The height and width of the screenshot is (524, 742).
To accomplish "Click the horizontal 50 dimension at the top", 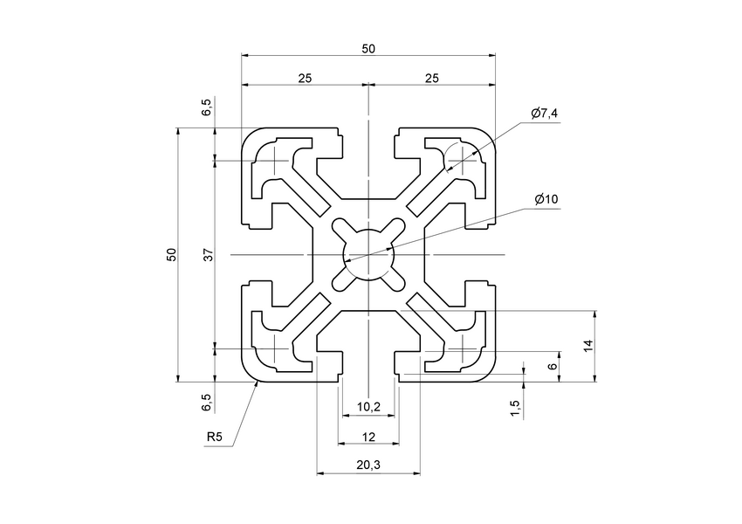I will click(x=368, y=49).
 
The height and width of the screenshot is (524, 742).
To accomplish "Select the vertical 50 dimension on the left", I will click(x=172, y=254).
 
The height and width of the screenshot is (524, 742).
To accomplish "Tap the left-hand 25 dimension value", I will click(x=305, y=79).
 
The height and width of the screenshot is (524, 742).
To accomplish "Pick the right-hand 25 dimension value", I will click(x=431, y=79).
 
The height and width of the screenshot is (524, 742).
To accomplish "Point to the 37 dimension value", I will click(x=208, y=254).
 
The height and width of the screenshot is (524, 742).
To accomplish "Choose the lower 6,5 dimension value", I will click(x=207, y=403).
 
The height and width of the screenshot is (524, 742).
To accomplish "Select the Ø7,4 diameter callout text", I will click(x=544, y=114).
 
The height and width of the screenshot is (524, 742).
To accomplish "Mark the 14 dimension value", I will click(x=589, y=345).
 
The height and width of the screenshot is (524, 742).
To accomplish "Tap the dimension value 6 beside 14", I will click(x=553, y=366).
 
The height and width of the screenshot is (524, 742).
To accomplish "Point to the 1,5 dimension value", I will click(x=515, y=407).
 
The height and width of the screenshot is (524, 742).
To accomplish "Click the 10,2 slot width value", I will click(x=368, y=407).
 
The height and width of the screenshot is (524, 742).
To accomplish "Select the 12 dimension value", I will click(x=368, y=436).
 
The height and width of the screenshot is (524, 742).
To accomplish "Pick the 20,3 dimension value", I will click(x=368, y=465).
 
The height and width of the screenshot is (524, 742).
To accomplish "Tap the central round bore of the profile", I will click(x=368, y=254).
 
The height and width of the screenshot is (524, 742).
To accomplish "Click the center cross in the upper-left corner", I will click(x=276, y=161).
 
